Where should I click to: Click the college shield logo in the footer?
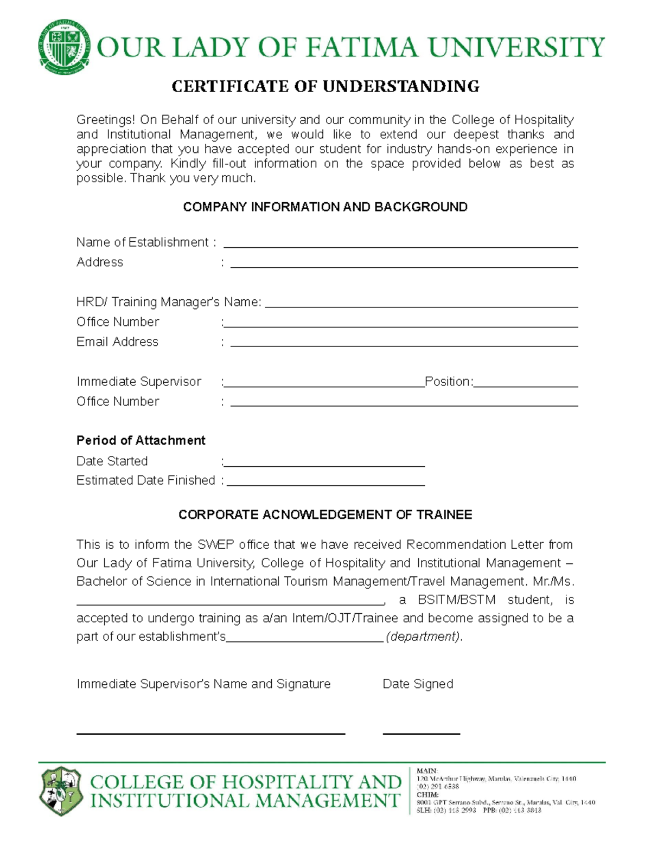tap(61, 790)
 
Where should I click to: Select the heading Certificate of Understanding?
tap(325, 86)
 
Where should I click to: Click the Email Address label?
tap(117, 342)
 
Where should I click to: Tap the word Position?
tap(448, 382)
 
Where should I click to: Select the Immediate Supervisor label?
tap(139, 382)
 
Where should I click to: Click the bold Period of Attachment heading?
tap(141, 440)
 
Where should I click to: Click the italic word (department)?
tap(424, 637)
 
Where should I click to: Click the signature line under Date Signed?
tap(421, 733)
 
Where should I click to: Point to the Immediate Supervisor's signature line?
tap(210, 733)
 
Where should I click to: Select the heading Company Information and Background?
tap(325, 207)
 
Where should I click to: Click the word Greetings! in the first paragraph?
tap(105, 120)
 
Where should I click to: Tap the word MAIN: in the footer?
tap(427, 770)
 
